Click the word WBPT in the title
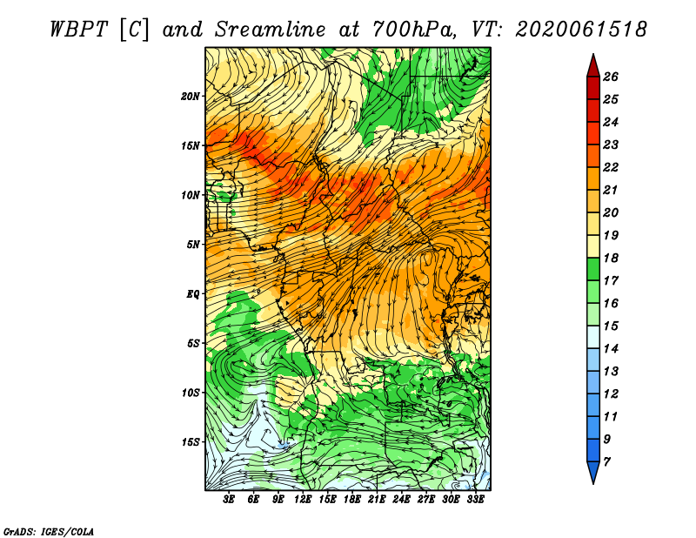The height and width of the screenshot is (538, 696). click(79, 30)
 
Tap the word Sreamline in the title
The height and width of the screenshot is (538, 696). click(271, 30)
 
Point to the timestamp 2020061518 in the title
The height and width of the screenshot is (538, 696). click(581, 30)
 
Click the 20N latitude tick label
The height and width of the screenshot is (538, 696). click(191, 97)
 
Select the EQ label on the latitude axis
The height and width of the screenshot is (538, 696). click(193, 294)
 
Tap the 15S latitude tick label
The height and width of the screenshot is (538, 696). click(191, 442)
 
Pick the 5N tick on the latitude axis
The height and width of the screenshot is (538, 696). click(193, 245)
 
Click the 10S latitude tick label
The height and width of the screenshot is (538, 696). click(191, 393)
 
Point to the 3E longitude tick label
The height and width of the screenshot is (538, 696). click(229, 500)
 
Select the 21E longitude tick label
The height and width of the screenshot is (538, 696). click(377, 500)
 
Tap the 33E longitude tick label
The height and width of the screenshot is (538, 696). click(475, 500)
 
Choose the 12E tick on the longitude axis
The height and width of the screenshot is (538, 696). click(302, 500)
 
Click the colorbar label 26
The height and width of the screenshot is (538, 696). click(611, 77)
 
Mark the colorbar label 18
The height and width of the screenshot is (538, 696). click(611, 258)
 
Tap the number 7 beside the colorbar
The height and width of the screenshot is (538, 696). click(606, 462)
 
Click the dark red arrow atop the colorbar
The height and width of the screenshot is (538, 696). click(593, 66)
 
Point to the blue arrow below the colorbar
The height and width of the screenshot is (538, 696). click(593, 473)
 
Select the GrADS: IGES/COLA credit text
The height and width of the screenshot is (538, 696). click(49, 532)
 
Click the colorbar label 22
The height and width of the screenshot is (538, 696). click(611, 167)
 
